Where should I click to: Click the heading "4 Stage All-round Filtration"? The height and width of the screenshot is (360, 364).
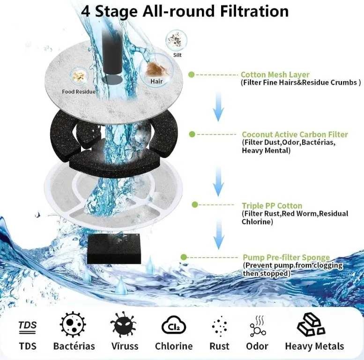185,11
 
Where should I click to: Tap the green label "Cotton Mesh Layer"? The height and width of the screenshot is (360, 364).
275,75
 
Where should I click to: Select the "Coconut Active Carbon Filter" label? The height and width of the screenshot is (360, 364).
295,135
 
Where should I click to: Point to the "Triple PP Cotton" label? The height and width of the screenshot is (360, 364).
272,206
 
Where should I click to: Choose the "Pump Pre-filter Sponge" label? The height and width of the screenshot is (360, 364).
286,257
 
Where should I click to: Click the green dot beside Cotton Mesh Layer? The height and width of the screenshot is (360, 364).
192,75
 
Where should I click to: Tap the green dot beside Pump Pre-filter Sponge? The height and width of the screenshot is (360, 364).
184,257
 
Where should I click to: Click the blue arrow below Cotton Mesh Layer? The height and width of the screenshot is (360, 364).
218,106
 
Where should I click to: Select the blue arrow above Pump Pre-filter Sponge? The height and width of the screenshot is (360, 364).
218,234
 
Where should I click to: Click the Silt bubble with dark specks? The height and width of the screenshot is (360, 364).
177,40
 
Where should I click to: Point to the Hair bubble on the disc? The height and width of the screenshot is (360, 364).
156,70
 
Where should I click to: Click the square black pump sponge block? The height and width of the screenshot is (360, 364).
114,249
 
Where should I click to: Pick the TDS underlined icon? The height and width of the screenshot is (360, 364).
27,327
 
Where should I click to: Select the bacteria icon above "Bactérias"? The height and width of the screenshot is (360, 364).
73,324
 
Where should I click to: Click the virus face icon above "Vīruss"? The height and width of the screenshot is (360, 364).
123,325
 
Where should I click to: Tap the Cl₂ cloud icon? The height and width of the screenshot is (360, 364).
174,325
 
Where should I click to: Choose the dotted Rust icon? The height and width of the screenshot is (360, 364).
219,326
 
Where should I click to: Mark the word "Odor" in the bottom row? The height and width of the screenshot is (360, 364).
257,346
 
